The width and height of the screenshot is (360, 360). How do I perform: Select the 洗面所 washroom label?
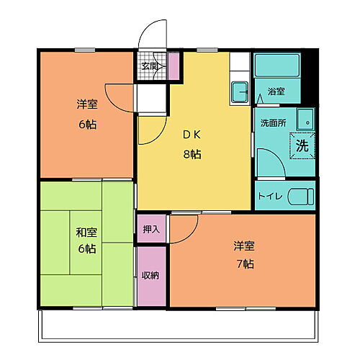click(x=273, y=122)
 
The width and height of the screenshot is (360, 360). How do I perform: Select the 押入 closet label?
click(x=151, y=229)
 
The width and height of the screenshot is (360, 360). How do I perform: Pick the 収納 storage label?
click(x=150, y=274)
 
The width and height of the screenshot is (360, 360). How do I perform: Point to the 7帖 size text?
click(x=243, y=263)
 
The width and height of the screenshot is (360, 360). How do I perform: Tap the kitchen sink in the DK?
click(x=239, y=91)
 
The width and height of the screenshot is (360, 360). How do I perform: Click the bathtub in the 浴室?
click(x=277, y=68)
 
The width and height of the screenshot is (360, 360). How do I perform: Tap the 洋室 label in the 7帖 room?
click(x=243, y=245)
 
